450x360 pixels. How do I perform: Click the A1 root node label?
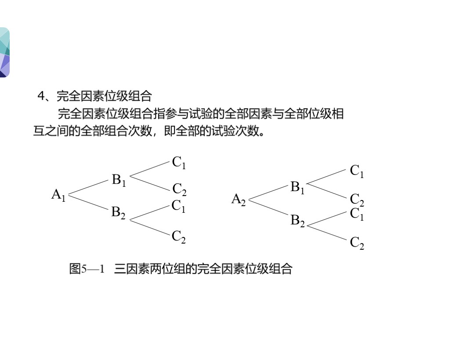click(58, 195)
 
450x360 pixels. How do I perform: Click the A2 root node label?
click(239, 200)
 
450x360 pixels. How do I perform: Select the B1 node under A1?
click(119, 180)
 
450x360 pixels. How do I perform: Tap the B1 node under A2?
click(298, 187)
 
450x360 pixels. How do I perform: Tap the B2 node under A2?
click(298, 221)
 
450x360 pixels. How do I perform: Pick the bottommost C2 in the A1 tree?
click(179, 237)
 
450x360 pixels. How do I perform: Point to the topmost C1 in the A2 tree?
click(357, 171)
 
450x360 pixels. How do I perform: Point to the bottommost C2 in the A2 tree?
click(357, 243)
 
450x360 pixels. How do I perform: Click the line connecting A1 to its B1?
click(88, 187)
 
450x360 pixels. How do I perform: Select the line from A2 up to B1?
click(268, 193)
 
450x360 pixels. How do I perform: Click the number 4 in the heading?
click(41, 96)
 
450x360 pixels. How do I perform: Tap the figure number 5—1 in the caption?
click(93, 269)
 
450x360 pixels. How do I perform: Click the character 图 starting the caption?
click(75, 269)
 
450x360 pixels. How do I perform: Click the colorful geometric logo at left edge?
click(5, 53)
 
